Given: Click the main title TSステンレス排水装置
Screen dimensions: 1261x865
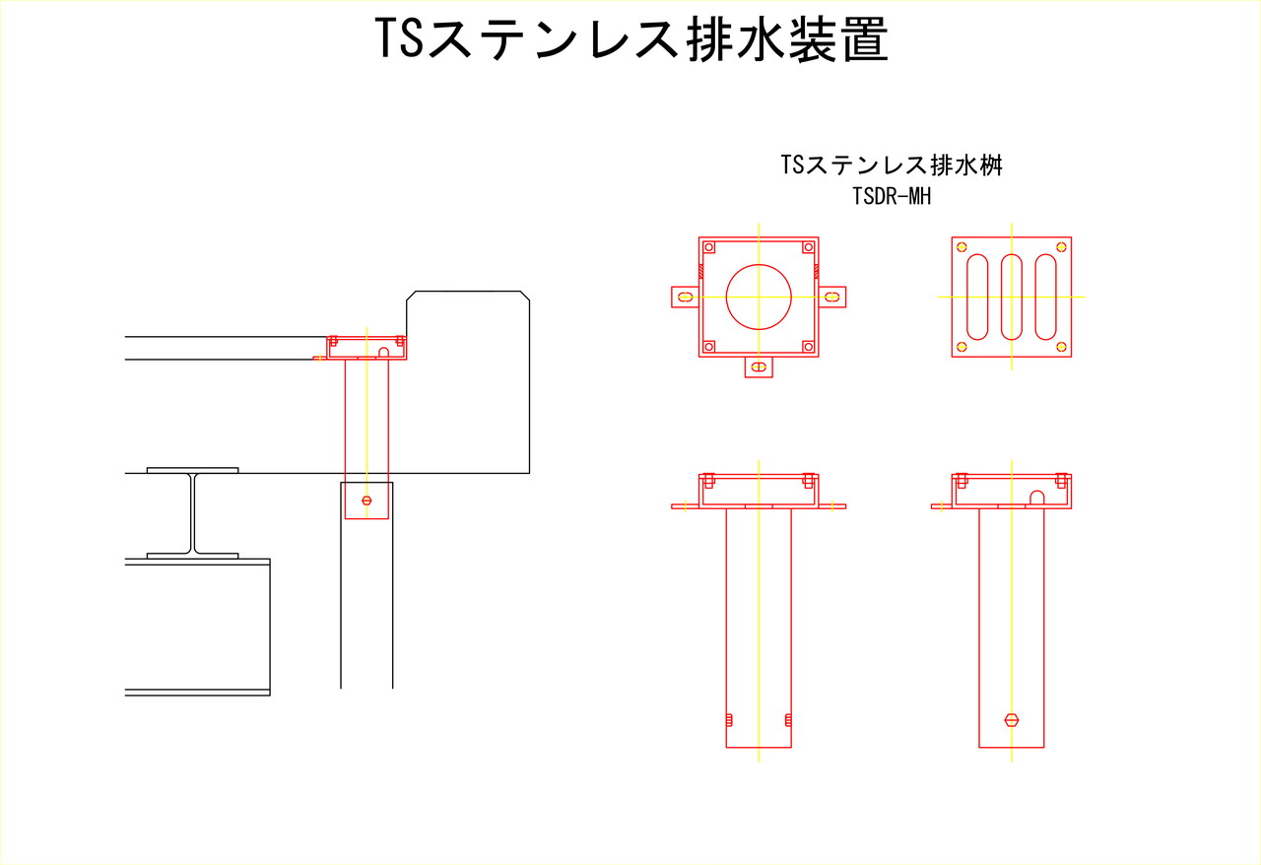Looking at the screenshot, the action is click(631, 38).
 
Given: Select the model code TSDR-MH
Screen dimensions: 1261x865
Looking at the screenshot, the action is click(892, 196).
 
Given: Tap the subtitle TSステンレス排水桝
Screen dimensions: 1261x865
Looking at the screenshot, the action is click(892, 165).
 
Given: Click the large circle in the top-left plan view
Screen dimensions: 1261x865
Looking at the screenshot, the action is click(759, 297).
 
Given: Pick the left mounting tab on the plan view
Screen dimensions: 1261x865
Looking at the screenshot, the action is click(685, 297).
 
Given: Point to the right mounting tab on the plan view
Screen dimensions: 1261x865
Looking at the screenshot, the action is click(832, 297).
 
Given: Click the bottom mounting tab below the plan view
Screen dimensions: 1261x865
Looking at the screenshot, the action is click(759, 367).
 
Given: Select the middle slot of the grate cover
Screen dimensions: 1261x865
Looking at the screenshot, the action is click(1012, 297).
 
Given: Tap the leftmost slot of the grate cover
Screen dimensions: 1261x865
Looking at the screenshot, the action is click(977, 297).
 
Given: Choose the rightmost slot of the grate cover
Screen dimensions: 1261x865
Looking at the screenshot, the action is click(1046, 297).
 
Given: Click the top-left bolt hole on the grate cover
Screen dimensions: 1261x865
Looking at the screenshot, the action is click(962, 247).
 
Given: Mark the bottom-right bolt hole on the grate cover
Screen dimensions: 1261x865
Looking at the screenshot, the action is click(1062, 347).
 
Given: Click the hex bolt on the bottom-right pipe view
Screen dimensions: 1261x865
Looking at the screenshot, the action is click(1012, 720).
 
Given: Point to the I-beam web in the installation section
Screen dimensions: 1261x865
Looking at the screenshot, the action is click(192, 513).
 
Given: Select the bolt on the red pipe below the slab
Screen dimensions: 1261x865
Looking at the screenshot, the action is click(366, 500).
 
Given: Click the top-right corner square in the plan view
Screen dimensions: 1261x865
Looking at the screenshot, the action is click(809, 247).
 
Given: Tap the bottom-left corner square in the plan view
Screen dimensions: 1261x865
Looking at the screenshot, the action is click(709, 347).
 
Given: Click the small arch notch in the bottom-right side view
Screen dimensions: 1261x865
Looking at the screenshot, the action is click(1037, 498).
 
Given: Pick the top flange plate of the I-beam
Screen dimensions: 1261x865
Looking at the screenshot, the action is click(192, 470).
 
